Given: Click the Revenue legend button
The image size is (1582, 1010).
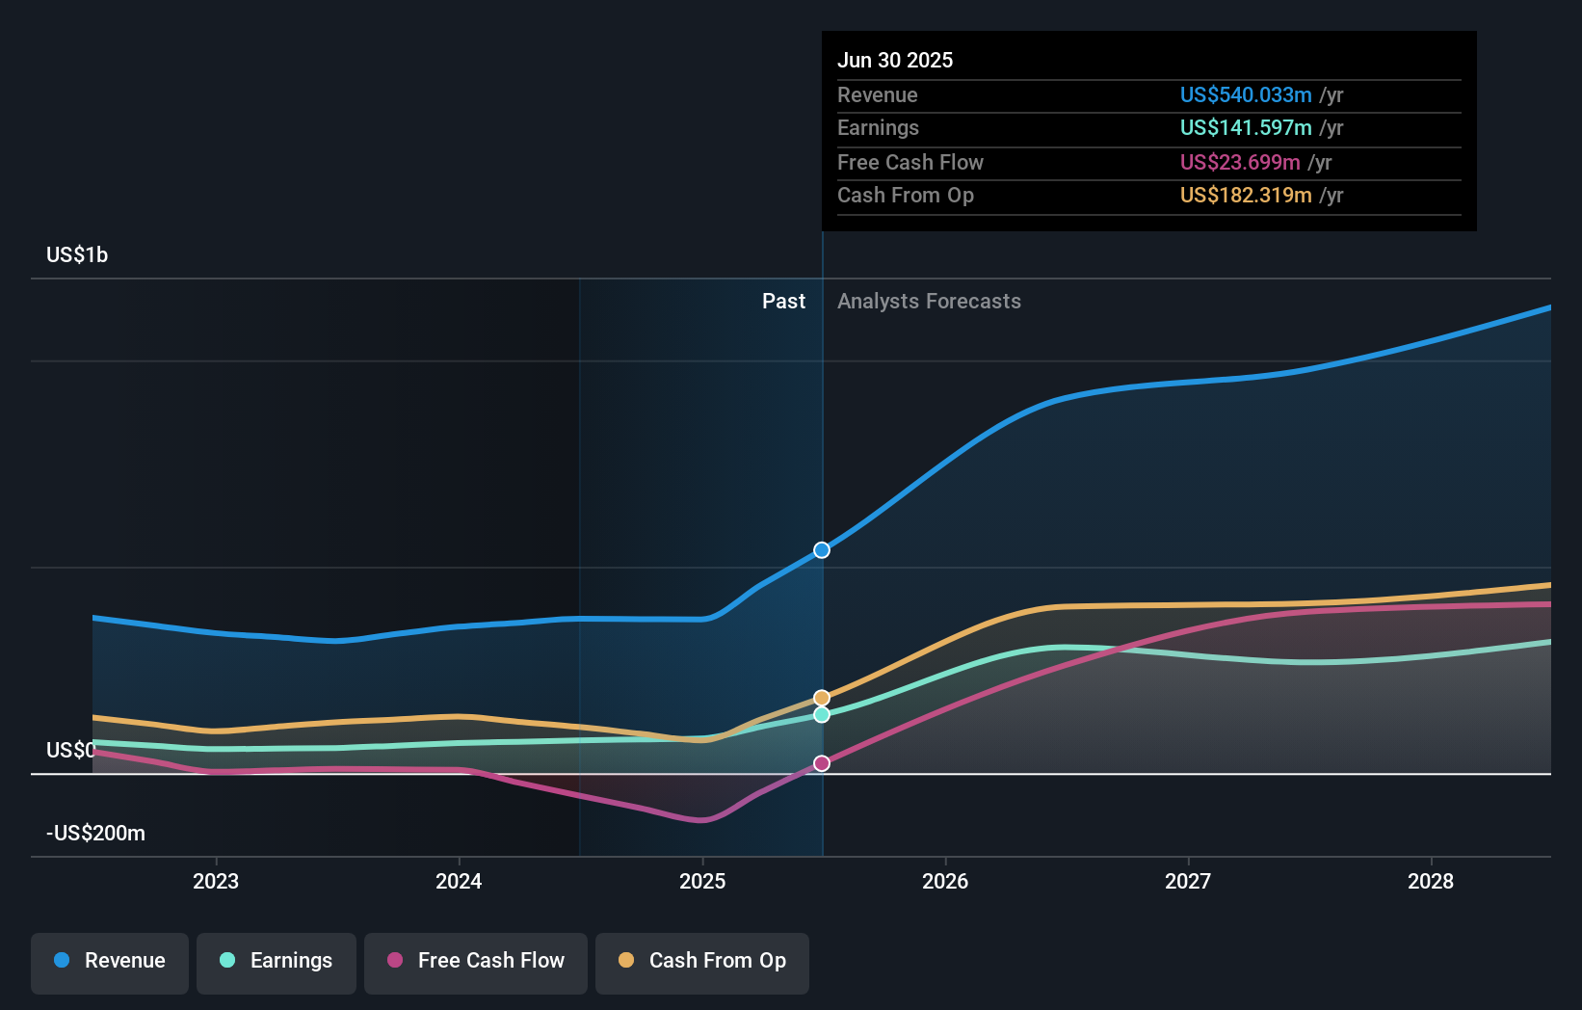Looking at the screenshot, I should click(x=110, y=961).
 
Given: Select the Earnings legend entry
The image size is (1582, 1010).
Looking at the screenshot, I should click(x=277, y=961).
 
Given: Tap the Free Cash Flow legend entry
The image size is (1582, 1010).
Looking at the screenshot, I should click(x=476, y=961).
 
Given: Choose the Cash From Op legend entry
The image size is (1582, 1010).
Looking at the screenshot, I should click(x=702, y=961).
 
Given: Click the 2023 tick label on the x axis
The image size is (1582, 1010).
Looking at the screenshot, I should click(x=216, y=881).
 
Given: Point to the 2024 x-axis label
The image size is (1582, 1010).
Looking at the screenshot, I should click(x=459, y=881).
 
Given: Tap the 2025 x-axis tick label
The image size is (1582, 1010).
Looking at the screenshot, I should click(x=702, y=881).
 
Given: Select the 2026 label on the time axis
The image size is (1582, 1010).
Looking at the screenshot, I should click(x=945, y=881).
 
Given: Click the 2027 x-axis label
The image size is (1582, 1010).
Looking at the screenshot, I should click(x=1188, y=881).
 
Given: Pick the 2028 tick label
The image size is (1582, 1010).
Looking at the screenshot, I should click(x=1431, y=881).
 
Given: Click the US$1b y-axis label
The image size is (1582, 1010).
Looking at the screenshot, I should click(x=77, y=255).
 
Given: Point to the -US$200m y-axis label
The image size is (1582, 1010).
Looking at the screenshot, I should click(x=95, y=834).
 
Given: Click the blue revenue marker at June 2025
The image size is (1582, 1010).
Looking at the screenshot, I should click(x=822, y=550).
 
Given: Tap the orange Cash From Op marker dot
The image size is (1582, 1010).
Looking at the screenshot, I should click(x=822, y=698).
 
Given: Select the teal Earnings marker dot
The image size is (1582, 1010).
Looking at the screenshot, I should click(x=822, y=715).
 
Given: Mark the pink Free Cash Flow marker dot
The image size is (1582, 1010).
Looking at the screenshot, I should click(x=822, y=763).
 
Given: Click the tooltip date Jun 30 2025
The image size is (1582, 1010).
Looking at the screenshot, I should click(x=895, y=61).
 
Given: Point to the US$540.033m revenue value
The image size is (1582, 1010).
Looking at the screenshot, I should click(x=1246, y=95).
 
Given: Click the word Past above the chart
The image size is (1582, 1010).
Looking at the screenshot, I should click(x=783, y=302).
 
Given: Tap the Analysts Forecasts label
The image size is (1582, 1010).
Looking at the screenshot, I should click(x=929, y=302).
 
